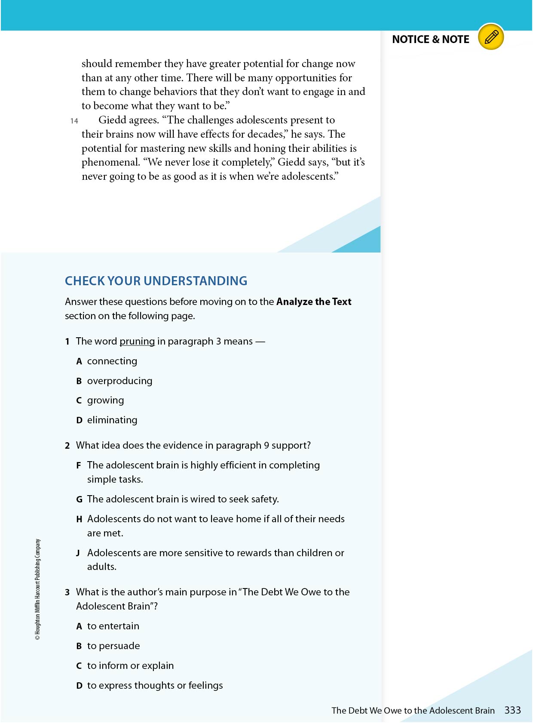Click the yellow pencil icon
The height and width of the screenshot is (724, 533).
pyautogui.click(x=491, y=37)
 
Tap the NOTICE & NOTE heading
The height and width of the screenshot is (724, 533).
pyautogui.click(x=430, y=40)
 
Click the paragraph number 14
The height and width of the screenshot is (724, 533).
pyautogui.click(x=74, y=121)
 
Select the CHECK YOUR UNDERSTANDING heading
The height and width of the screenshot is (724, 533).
pyautogui.click(x=156, y=281)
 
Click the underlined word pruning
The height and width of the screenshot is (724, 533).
pyautogui.click(x=137, y=342)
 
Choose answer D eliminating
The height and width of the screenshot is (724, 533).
pyautogui.click(x=112, y=420)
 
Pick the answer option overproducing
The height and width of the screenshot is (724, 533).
pyautogui.click(x=119, y=381)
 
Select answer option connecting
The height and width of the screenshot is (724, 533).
pyautogui.click(x=112, y=361)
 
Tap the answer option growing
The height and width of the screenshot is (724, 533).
pyautogui.click(x=105, y=401)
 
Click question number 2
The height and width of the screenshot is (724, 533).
pyautogui.click(x=67, y=446)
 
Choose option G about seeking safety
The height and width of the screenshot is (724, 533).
pyautogui.click(x=183, y=499)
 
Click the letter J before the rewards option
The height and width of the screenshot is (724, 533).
pyautogui.click(x=78, y=553)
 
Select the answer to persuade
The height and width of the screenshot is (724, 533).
pyautogui.click(x=113, y=646)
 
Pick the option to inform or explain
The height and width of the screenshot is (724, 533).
pyautogui.click(x=130, y=666)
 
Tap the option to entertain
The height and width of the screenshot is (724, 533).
pyautogui.click(x=113, y=626)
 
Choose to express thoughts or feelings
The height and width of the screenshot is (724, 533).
pyautogui.click(x=155, y=686)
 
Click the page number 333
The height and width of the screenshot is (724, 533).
pyautogui.click(x=512, y=710)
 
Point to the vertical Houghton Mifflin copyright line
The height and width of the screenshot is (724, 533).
pyautogui.click(x=38, y=589)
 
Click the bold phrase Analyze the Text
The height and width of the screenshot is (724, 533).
pyautogui.click(x=314, y=302)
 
